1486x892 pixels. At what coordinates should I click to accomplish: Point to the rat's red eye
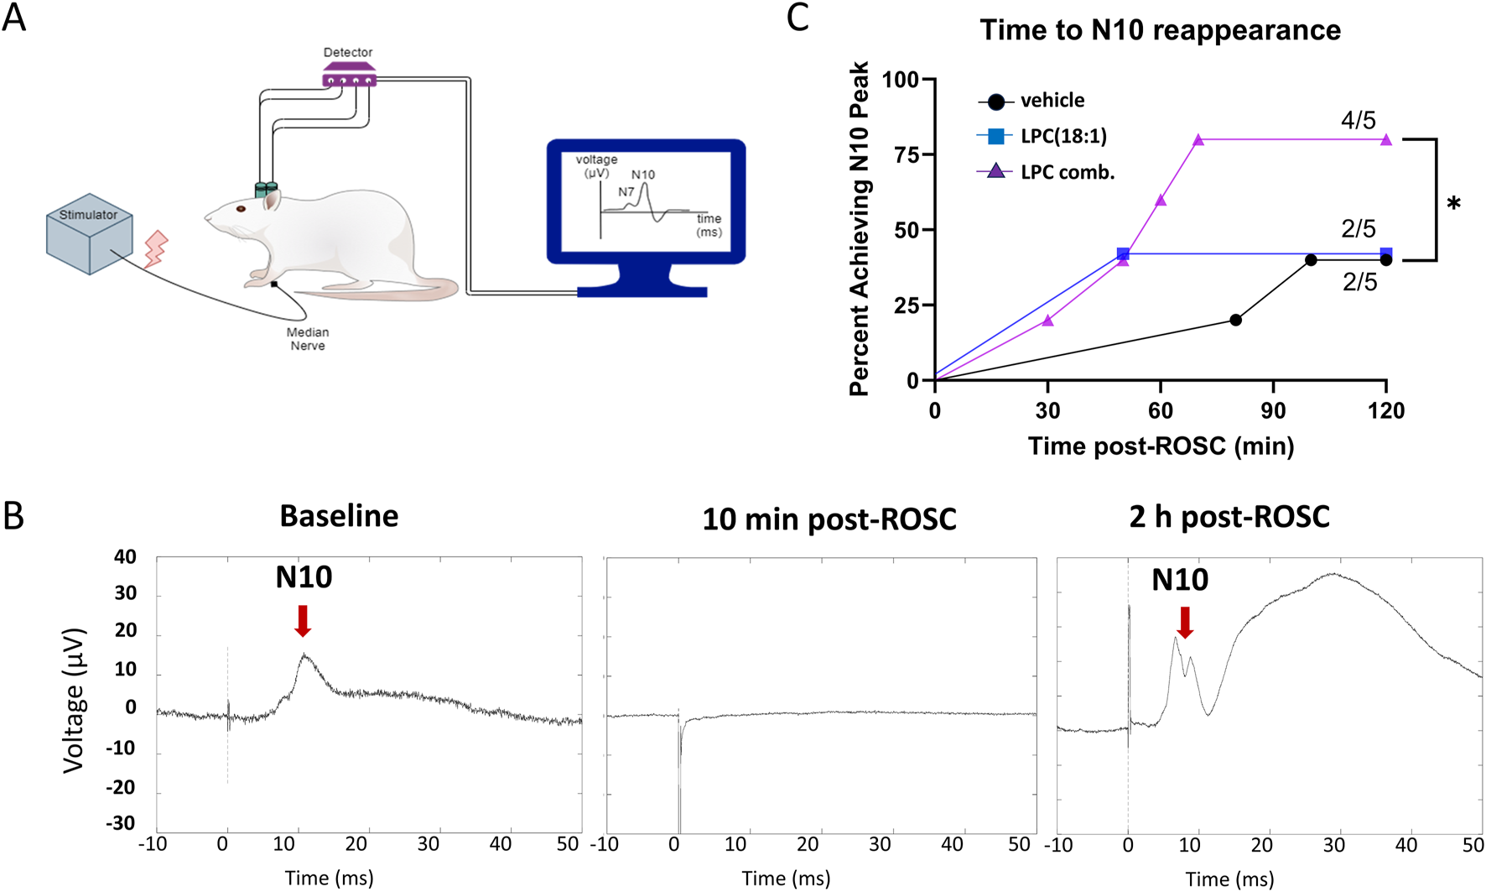(241, 208)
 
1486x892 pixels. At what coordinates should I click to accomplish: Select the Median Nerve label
(308, 339)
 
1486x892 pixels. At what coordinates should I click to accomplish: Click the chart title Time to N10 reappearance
(1160, 30)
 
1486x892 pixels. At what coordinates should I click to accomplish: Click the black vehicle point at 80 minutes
(1235, 320)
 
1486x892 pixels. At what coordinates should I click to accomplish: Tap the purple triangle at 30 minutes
(1047, 321)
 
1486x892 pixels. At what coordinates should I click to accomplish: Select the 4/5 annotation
(1358, 120)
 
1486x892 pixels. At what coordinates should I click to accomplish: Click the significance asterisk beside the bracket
(1454, 204)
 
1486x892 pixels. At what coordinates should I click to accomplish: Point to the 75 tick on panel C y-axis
(907, 154)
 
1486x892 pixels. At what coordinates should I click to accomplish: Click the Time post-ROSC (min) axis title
(1161, 446)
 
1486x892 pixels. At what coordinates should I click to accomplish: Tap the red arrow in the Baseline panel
(304, 620)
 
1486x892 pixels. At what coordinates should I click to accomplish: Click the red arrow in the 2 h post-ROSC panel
(1185, 622)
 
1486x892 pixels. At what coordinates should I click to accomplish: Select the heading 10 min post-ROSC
(829, 519)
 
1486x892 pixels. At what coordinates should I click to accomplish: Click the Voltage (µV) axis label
(74, 699)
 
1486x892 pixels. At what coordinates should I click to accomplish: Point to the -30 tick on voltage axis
(120, 823)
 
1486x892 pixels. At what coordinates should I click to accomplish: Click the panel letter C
(798, 18)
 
